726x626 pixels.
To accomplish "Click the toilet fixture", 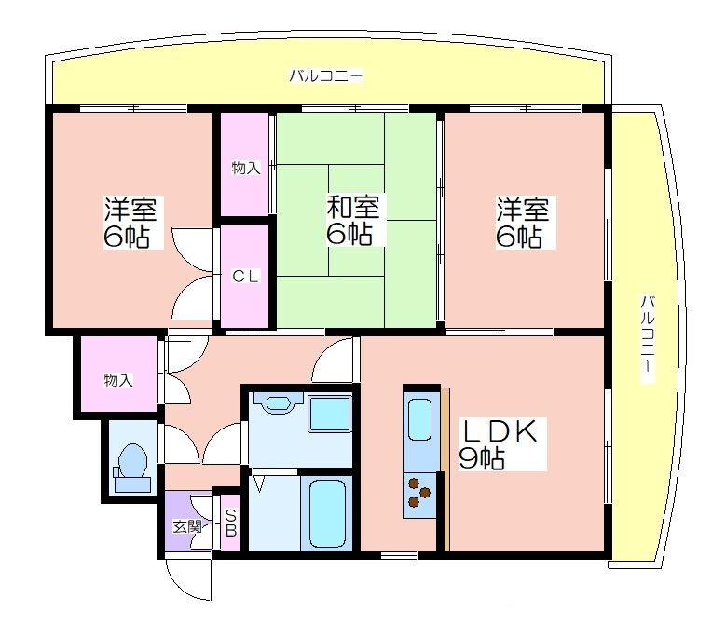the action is click(x=132, y=468).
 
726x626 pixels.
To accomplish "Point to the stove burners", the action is click(x=418, y=492).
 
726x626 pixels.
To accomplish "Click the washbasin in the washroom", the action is click(x=278, y=403).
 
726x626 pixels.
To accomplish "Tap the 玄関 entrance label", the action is click(x=187, y=526).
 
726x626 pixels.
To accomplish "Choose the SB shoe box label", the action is click(x=230, y=523).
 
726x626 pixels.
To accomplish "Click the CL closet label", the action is click(x=245, y=277).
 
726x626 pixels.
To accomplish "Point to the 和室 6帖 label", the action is click(x=353, y=220).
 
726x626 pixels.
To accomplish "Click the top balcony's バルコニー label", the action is click(x=326, y=75).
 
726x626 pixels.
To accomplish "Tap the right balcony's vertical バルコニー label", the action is click(x=648, y=338).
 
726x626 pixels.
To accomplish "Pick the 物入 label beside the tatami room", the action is click(x=246, y=168).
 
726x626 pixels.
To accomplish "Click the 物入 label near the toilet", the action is click(x=118, y=380).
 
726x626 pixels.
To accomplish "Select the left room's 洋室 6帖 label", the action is click(x=130, y=223).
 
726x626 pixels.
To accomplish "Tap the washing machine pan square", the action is click(x=330, y=415).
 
